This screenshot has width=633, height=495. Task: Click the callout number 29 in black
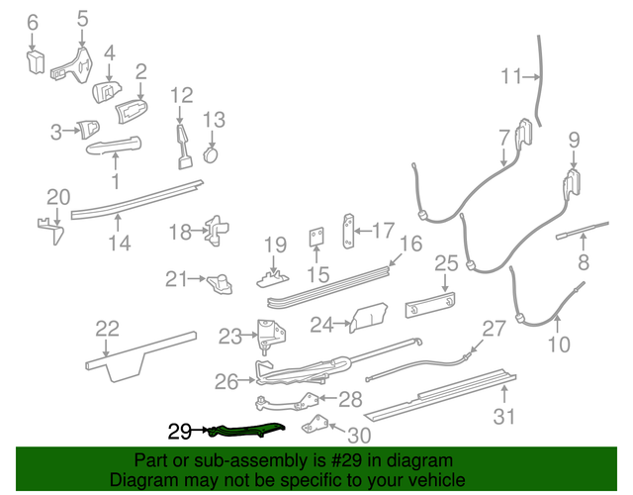(179, 431)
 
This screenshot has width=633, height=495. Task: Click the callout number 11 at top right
(511, 76)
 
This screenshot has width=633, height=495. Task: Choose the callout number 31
(504, 417)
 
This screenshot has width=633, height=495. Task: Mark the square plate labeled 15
(316, 238)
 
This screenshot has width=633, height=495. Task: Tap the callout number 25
(447, 263)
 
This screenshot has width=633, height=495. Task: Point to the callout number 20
(58, 195)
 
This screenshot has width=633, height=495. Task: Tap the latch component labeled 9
(572, 185)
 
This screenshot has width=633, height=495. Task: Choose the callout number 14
(120, 242)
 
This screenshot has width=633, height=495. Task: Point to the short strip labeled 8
(574, 236)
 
